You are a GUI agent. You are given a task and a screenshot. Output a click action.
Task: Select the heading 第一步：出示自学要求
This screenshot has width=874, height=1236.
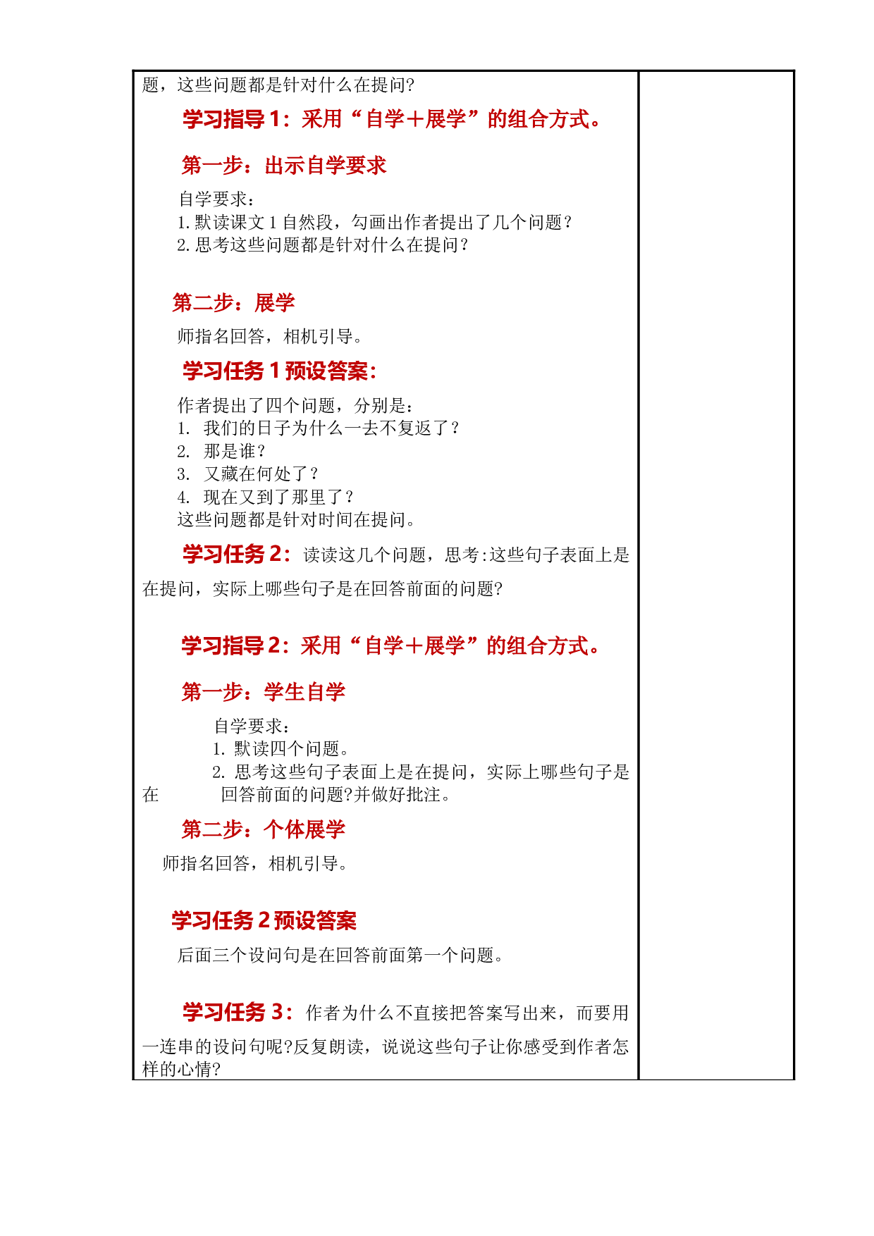click(284, 166)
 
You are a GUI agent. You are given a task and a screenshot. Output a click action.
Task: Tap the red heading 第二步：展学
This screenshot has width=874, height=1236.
click(234, 303)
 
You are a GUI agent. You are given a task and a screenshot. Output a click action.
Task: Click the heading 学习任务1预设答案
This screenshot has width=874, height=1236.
click(280, 371)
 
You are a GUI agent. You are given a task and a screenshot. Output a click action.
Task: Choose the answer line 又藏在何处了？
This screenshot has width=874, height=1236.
click(248, 474)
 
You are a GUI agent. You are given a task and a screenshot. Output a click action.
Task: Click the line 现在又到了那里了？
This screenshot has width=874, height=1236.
click(266, 497)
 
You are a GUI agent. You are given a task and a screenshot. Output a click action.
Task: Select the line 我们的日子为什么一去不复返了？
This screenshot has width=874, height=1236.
click(319, 428)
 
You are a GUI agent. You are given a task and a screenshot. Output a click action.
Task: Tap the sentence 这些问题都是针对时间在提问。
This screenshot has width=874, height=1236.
click(297, 520)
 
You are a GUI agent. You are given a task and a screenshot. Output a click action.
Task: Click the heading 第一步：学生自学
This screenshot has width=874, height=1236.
click(264, 692)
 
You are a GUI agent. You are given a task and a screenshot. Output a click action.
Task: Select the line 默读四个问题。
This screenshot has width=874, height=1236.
click(281, 748)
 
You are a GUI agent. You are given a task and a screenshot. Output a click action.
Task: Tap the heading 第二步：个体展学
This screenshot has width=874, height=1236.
click(264, 829)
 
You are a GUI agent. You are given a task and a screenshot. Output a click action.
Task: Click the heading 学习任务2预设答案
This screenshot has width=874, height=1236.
click(264, 920)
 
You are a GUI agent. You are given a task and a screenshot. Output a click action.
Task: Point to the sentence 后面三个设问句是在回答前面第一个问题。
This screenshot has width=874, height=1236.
click(341, 955)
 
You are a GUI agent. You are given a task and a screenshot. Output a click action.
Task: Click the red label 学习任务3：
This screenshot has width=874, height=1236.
click(238, 1012)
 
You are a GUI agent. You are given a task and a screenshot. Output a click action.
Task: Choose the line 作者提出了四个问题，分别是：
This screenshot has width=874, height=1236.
click(296, 405)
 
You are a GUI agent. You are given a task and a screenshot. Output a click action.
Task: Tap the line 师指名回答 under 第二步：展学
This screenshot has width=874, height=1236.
click(271, 337)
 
